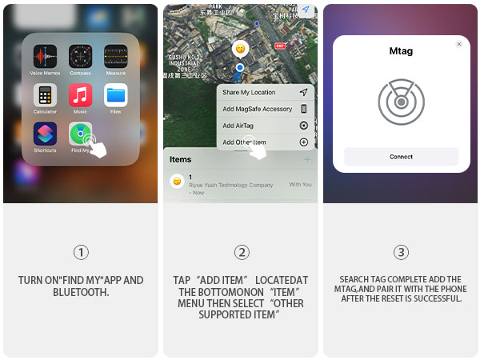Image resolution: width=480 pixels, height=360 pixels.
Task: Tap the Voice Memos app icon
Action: [45, 57]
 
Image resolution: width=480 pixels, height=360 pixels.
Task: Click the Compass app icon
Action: [80, 57]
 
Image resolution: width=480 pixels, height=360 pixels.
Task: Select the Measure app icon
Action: [115, 57]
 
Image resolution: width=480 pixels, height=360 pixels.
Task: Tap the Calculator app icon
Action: [45, 95]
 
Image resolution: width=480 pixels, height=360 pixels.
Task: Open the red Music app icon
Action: [80, 95]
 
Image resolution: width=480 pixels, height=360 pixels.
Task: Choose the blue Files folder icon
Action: [115, 95]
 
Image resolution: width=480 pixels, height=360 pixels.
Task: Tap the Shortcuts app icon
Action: [45, 134]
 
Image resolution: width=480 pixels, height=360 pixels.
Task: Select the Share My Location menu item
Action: [249, 93]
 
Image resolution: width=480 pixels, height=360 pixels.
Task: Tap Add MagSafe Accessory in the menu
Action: [257, 109]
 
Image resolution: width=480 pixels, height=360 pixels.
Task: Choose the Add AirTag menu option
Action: [240, 126]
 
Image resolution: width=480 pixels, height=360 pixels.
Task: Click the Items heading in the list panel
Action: [181, 159]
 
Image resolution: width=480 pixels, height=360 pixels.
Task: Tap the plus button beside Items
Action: [306, 160]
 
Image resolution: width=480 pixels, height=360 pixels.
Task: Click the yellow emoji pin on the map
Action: [239, 48]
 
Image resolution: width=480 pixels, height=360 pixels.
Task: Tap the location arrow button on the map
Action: [306, 10]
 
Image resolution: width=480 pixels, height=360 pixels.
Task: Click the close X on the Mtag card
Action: [459, 45]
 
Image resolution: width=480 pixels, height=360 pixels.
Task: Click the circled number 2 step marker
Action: [241, 253]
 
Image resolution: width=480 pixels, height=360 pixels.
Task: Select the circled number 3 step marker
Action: [401, 253]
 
